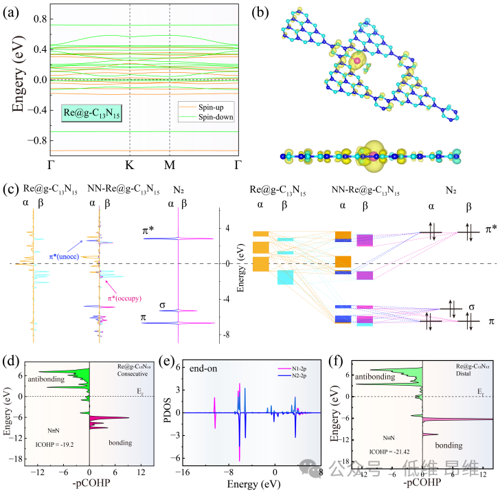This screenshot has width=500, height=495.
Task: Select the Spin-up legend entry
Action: pos(214,107)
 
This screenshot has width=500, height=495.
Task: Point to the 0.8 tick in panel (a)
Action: pos(36,19)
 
